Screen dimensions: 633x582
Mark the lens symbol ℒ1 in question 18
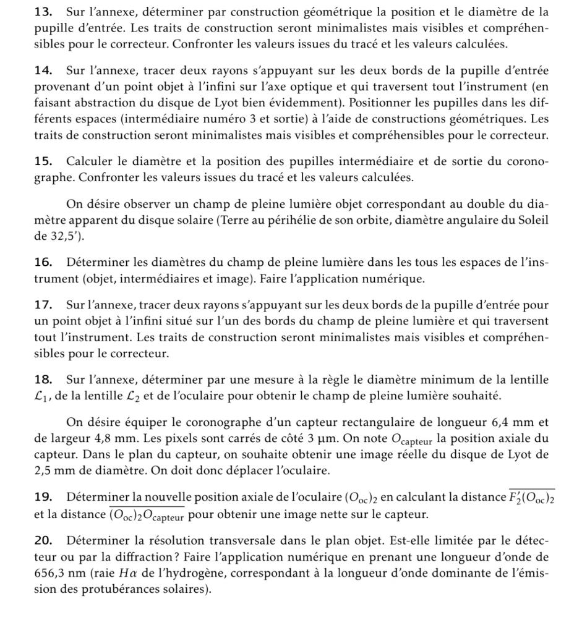[x=42, y=396]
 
